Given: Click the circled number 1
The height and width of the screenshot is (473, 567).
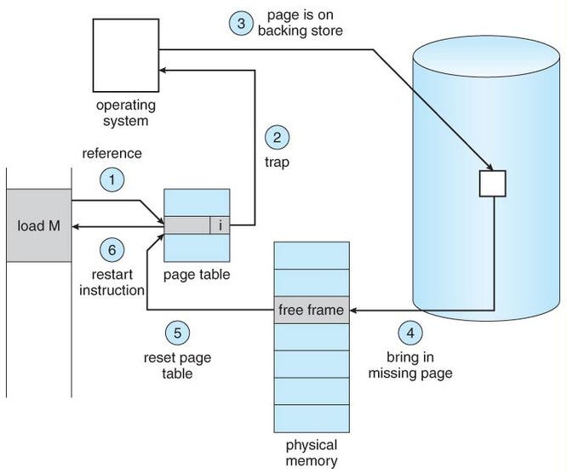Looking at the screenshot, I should click(112, 180).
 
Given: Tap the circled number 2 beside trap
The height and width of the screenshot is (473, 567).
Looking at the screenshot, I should click(277, 136).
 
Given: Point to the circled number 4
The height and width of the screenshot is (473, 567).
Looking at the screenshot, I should click(409, 331).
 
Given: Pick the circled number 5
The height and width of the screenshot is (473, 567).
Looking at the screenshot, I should click(177, 332).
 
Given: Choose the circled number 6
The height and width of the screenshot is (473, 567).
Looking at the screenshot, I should click(112, 250).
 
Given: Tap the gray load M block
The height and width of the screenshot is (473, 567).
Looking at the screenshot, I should click(38, 225).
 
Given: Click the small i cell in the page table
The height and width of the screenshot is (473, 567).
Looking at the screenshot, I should click(220, 225).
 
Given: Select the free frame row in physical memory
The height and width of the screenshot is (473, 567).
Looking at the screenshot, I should click(312, 311).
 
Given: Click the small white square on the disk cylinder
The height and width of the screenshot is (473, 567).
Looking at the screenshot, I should click(493, 183).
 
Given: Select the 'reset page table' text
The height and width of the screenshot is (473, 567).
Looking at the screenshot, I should click(177, 365).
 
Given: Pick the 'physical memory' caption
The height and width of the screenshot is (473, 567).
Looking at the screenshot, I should click(311, 454).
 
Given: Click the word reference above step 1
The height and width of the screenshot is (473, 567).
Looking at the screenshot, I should click(111, 154).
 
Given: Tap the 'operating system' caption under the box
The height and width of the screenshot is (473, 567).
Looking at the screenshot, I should click(127, 114).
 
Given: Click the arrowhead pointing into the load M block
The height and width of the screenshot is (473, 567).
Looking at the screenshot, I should click(77, 225).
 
